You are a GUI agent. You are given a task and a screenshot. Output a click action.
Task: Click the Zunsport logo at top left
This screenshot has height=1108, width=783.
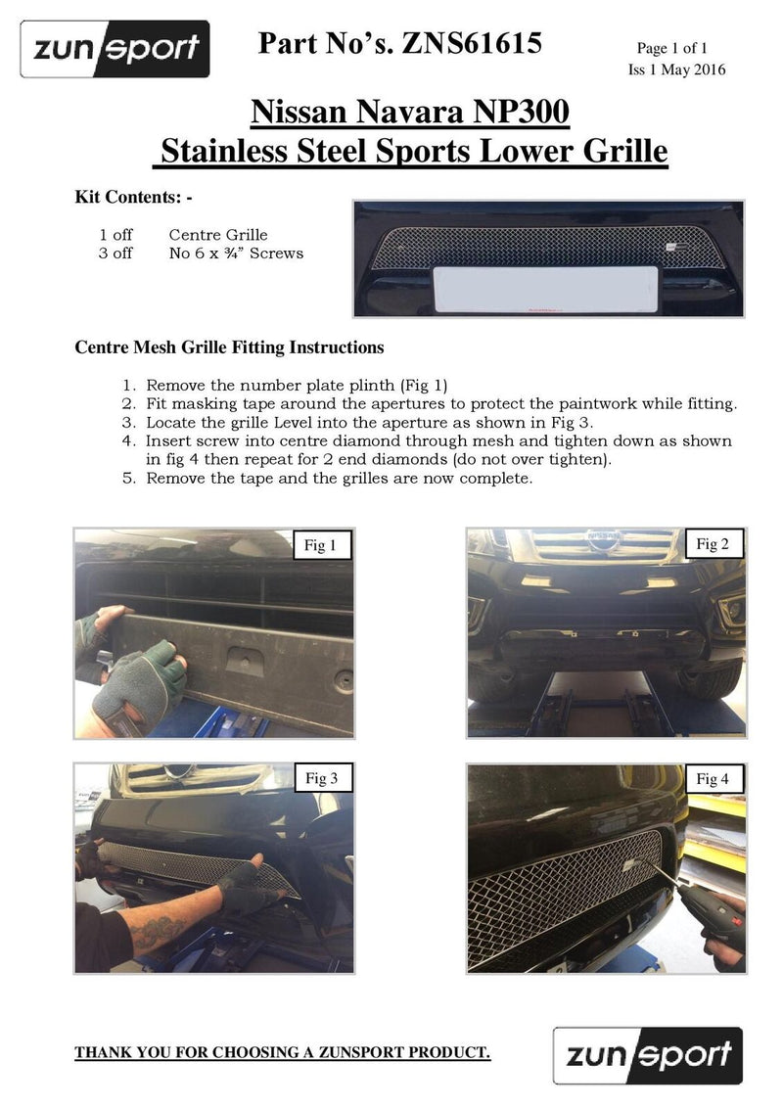pos(115,49)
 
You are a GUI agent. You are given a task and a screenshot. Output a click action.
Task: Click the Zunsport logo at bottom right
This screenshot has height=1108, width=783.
pos(648,1055)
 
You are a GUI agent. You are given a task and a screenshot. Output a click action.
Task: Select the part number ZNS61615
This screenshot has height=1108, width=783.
pos(472,45)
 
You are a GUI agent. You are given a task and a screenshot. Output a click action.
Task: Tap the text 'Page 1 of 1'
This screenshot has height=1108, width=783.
pos(671,48)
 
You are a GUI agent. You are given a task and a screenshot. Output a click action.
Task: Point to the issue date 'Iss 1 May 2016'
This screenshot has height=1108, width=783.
pos(676,69)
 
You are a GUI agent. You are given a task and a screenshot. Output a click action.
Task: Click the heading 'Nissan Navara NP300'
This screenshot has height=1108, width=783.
pos(410,113)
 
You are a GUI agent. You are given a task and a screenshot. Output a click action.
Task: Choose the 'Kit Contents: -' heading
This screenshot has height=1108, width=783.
pos(134,197)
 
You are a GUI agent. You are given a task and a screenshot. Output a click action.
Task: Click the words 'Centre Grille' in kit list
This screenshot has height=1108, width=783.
pos(218,235)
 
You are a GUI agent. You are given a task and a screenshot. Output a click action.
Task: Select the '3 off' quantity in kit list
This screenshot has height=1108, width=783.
pos(115,254)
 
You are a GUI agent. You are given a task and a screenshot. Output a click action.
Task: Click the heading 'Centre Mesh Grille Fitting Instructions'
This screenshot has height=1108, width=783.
pos(229,347)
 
